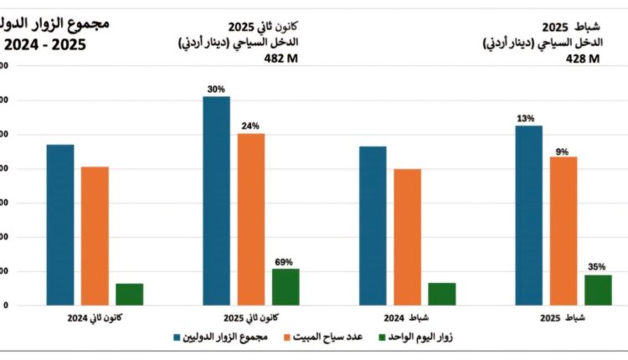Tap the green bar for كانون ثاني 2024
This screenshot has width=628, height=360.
(130, 294)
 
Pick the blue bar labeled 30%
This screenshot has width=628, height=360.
(216, 200)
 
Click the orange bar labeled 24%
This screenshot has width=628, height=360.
(251, 219)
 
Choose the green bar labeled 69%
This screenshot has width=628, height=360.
(286, 286)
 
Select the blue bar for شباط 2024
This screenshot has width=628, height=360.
(373, 225)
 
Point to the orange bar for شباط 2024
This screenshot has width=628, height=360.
(408, 237)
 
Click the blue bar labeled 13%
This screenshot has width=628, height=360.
(528, 215)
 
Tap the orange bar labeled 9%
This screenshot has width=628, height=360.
(564, 230)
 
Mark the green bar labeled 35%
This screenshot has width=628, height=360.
(598, 290)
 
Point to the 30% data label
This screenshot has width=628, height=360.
(216, 89)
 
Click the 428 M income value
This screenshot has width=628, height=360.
(583, 59)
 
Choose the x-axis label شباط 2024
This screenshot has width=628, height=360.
(407, 319)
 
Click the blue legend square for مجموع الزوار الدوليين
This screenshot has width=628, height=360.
(178, 337)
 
